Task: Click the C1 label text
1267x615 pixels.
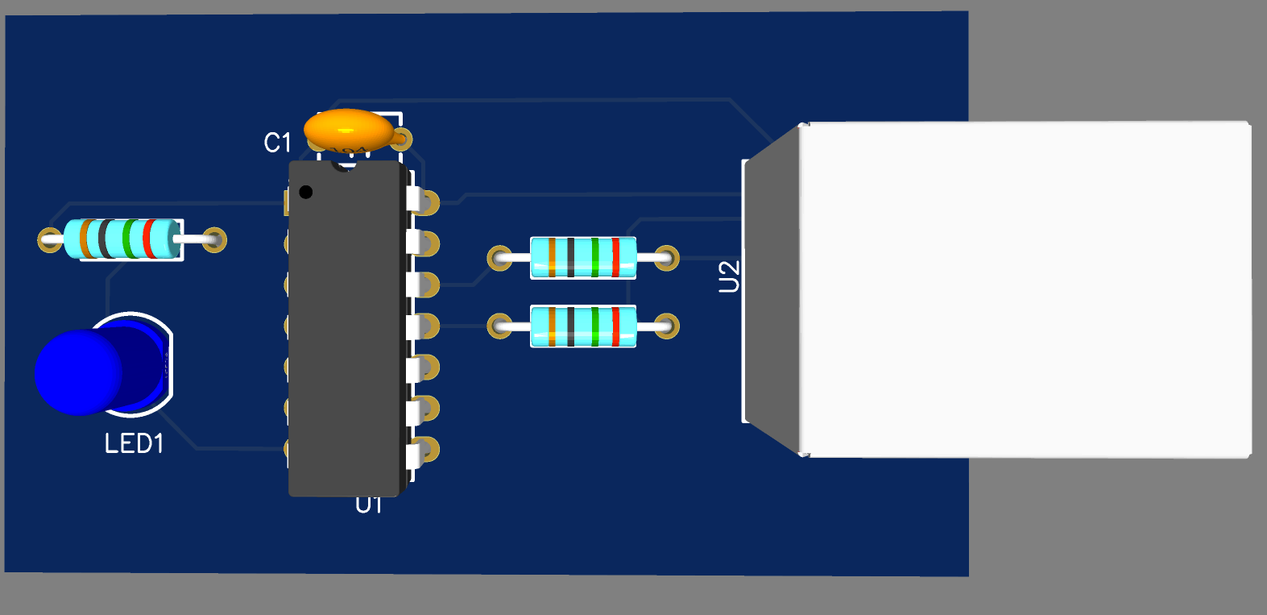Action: point(277,143)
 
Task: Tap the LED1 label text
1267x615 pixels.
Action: point(134,443)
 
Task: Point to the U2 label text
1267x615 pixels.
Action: point(729,276)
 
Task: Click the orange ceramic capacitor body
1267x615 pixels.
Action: point(349,129)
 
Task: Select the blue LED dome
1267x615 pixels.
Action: point(79,372)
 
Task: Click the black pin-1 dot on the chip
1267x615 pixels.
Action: point(306,192)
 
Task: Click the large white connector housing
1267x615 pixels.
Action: point(1025,289)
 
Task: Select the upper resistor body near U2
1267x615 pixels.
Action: point(583,258)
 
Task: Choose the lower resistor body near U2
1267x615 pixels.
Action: point(583,326)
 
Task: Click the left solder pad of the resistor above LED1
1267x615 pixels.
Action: point(50,239)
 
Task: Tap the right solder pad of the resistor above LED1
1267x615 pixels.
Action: point(214,239)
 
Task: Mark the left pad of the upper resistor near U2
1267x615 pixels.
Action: point(499,258)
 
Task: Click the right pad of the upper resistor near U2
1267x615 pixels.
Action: point(667,258)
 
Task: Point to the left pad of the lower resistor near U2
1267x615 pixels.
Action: point(499,326)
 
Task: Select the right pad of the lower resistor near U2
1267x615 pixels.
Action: point(667,326)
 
